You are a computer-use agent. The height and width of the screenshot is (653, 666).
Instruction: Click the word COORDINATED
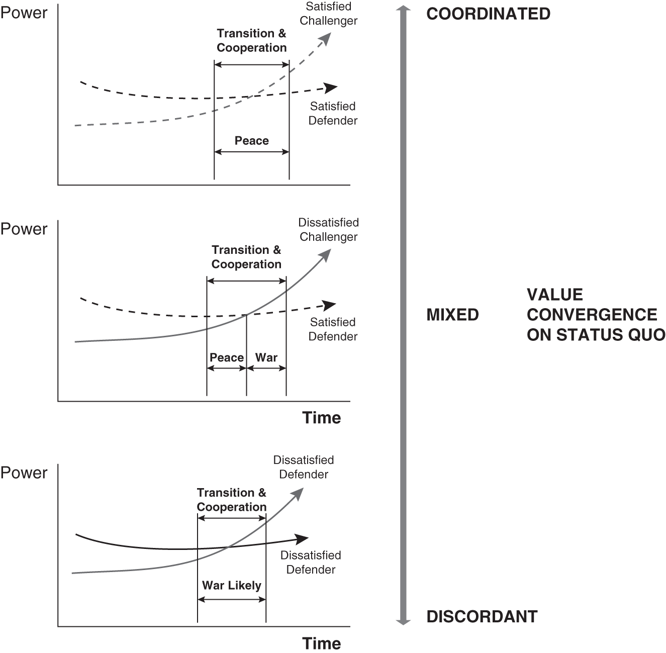488,14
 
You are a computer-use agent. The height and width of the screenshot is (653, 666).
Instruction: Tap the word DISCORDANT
482,616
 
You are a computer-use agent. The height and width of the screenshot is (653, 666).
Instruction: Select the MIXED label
452,315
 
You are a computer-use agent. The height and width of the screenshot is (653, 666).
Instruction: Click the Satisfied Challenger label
328,14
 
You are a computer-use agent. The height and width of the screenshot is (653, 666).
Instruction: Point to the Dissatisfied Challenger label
328,230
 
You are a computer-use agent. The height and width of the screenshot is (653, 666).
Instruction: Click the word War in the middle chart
266,357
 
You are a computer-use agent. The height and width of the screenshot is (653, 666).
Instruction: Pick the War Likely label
232,585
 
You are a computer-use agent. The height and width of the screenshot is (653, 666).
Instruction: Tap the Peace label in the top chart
252,141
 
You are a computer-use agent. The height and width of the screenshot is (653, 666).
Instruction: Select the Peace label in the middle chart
227,357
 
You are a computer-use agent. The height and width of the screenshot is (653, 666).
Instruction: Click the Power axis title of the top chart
24,13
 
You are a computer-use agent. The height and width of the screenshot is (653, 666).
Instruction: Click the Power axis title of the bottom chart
24,473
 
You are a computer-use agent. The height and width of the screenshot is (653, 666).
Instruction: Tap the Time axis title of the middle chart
321,418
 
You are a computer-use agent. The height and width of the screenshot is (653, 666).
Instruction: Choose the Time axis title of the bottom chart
321,643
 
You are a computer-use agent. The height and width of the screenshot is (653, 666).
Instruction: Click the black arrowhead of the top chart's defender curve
331,88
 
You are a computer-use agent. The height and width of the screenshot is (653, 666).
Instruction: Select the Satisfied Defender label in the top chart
333,114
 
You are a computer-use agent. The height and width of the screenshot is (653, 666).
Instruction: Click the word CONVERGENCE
592,315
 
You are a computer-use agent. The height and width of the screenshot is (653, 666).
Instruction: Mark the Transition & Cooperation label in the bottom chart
232,500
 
